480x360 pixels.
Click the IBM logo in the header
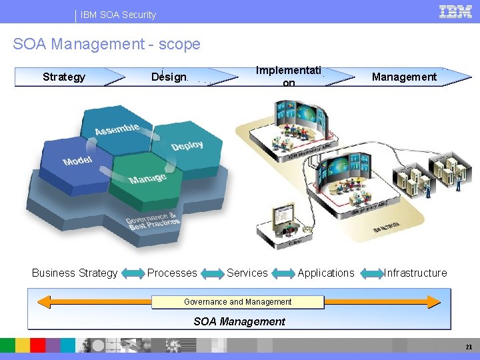click(455, 12)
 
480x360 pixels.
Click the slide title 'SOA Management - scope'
click(107, 44)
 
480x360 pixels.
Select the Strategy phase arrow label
click(64, 77)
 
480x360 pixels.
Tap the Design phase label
click(169, 77)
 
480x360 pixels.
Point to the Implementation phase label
click(289, 76)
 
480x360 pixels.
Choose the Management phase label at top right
click(404, 77)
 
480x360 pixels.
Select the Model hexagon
click(77, 161)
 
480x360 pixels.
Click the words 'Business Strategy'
click(75, 273)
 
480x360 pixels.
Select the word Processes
click(172, 273)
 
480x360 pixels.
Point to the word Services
click(247, 273)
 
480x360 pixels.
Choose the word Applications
click(326, 273)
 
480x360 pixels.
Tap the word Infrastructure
click(415, 273)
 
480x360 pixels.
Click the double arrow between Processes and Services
click(213, 273)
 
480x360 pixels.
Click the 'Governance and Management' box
click(238, 302)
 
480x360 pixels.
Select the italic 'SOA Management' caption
click(239, 321)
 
